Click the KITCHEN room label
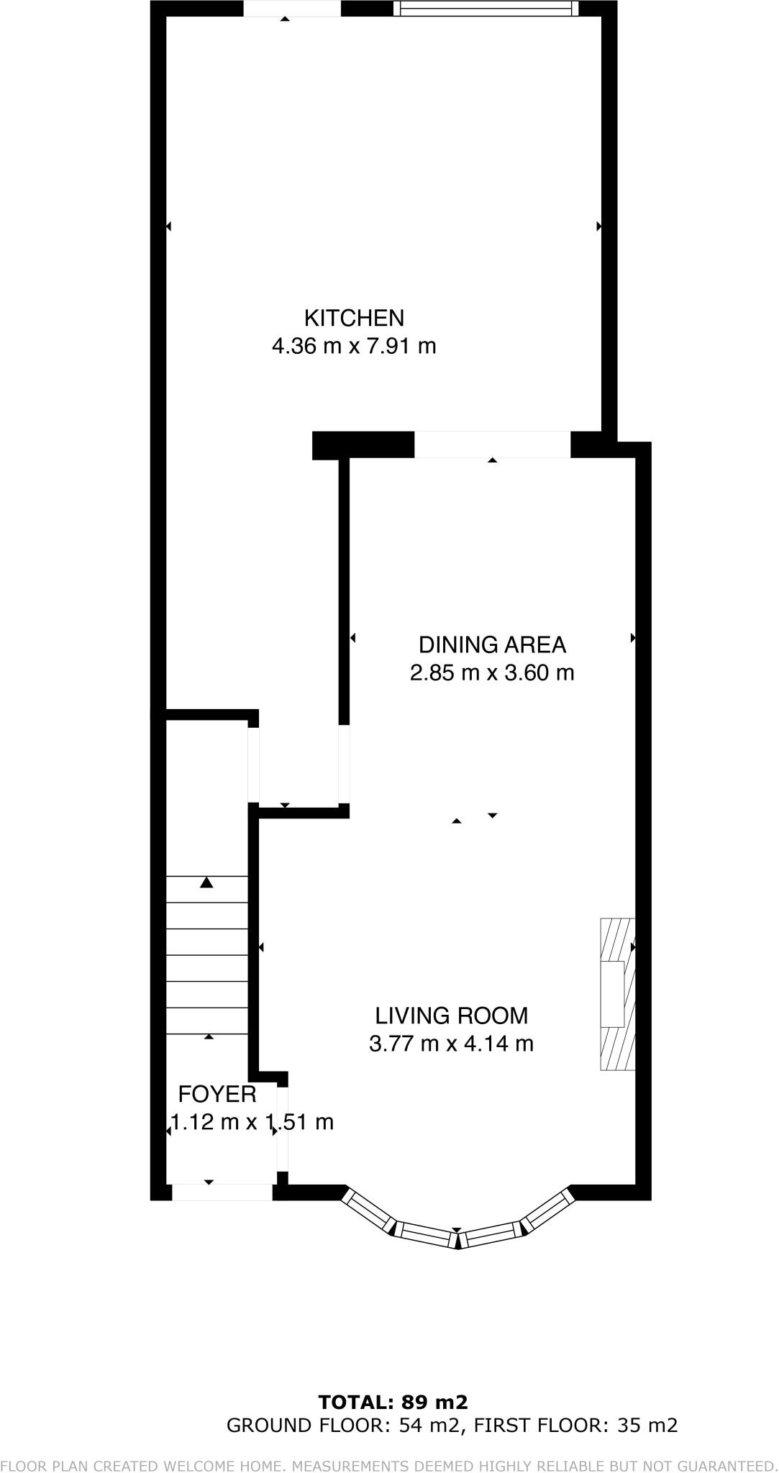coord(354,317)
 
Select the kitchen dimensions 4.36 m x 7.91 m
coord(354,346)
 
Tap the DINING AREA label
coord(492,644)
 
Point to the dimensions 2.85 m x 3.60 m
coord(492,673)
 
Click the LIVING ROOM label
coord(451,1016)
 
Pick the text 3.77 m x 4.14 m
coord(451,1043)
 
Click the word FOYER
coord(217,1094)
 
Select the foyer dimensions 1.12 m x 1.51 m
coord(252,1121)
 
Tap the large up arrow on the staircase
coord(207,882)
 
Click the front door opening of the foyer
coord(222,1192)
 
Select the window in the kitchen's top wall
coord(486,9)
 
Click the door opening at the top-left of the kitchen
coord(291,9)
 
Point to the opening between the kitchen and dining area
coord(492,444)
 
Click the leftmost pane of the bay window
coord(370,1210)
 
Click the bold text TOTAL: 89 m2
coord(393,1402)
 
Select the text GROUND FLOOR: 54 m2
coord(342,1425)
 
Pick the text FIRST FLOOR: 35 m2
coord(576,1425)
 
